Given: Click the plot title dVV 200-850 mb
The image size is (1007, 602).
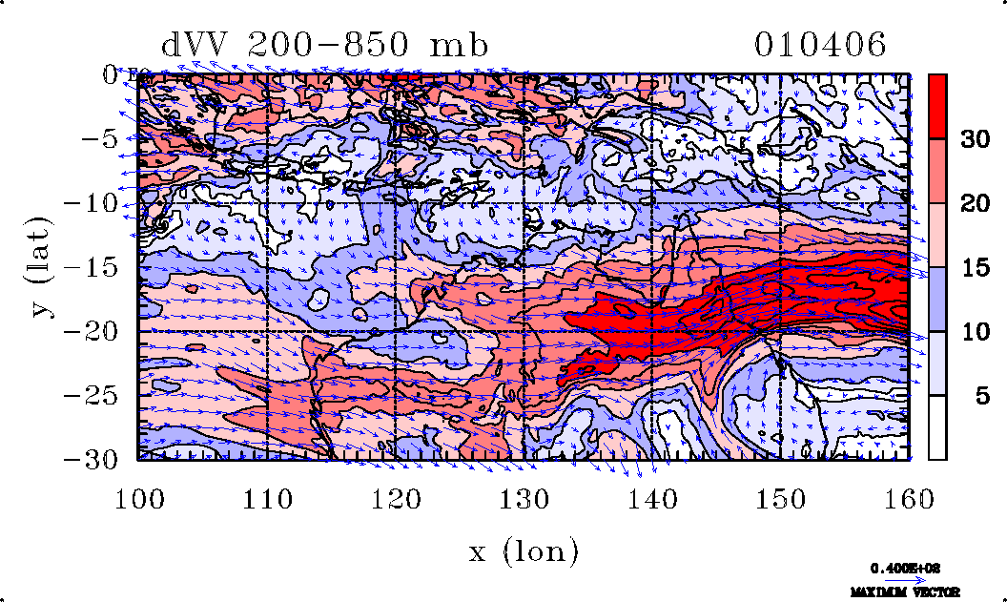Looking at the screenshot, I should (x=325, y=44).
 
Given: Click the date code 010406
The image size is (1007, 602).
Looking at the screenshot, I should (x=820, y=44).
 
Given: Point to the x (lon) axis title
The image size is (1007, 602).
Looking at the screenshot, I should (x=524, y=550).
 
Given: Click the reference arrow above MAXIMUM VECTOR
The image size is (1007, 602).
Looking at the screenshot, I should (x=898, y=579).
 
